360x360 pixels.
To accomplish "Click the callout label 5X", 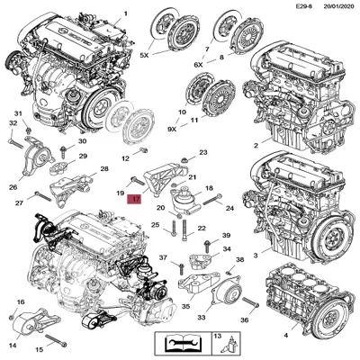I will [142, 54].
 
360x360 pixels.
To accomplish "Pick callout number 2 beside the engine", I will [256, 144].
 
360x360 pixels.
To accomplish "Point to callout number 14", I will [13, 345].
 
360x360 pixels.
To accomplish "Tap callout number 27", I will [18, 202].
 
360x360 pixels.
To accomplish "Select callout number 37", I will [163, 257].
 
